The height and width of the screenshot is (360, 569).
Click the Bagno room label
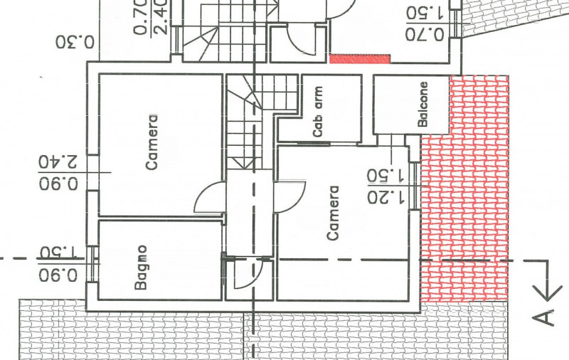tap(141, 268)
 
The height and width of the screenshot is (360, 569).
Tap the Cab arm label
tap(317, 112)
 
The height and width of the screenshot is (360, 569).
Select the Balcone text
tap(422, 104)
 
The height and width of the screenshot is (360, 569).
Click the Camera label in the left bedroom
tap(152, 142)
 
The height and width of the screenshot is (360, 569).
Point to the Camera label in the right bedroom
tap(333, 213)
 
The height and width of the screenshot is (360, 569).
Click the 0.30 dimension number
tap(75, 42)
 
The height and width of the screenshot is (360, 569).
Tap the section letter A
tap(544, 317)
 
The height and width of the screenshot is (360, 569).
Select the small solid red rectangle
tap(360, 59)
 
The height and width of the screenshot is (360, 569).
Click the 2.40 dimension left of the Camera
tap(58, 162)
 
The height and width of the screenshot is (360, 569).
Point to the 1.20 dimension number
tap(385, 197)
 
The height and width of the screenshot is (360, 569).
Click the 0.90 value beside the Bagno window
tap(58, 275)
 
